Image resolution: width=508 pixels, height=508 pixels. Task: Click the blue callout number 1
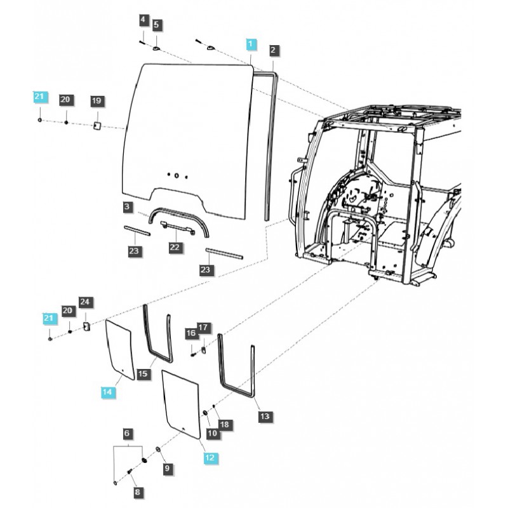(x=251, y=44)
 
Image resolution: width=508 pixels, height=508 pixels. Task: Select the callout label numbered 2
(x=273, y=50)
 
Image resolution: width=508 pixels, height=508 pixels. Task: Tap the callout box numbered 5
(x=156, y=25)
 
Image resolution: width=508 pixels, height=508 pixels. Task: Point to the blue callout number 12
(x=209, y=456)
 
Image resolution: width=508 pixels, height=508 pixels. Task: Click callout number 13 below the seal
(x=265, y=417)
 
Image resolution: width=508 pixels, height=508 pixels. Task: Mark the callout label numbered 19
(x=96, y=101)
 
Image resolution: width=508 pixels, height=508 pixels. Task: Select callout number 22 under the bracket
(x=175, y=247)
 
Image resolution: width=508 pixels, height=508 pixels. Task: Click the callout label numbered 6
(x=127, y=434)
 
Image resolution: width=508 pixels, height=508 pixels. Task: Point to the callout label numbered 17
(x=203, y=328)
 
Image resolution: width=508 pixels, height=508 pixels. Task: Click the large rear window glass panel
(x=184, y=133)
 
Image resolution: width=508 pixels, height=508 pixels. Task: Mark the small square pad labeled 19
(x=98, y=125)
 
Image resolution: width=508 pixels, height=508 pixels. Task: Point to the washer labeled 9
(x=158, y=450)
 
